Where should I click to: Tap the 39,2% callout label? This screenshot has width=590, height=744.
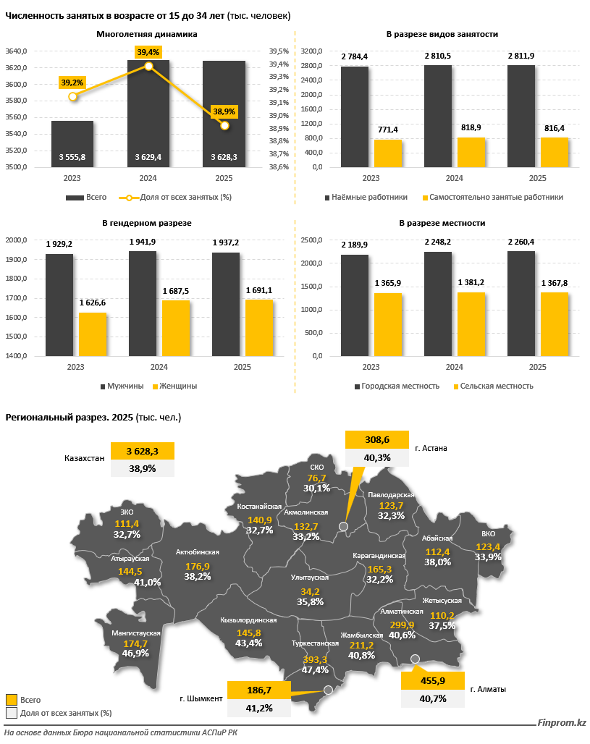point(72,83)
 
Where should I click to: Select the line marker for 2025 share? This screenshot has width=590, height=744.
point(224,126)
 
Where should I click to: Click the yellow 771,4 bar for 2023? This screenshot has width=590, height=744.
point(388,153)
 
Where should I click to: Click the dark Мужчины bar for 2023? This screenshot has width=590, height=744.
point(59,305)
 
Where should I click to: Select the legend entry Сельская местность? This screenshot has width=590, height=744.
point(492,386)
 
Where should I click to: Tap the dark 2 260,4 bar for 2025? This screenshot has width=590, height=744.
point(521,304)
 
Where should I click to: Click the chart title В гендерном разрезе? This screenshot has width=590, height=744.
point(149,223)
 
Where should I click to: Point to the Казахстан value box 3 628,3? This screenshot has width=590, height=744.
point(143,451)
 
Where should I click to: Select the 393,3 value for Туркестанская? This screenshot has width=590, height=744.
point(316,659)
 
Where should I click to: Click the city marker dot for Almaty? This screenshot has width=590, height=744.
point(415,659)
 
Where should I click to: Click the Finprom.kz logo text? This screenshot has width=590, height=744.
point(562,723)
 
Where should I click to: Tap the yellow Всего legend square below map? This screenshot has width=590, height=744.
point(11,700)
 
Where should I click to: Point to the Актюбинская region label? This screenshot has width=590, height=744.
point(198,552)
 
